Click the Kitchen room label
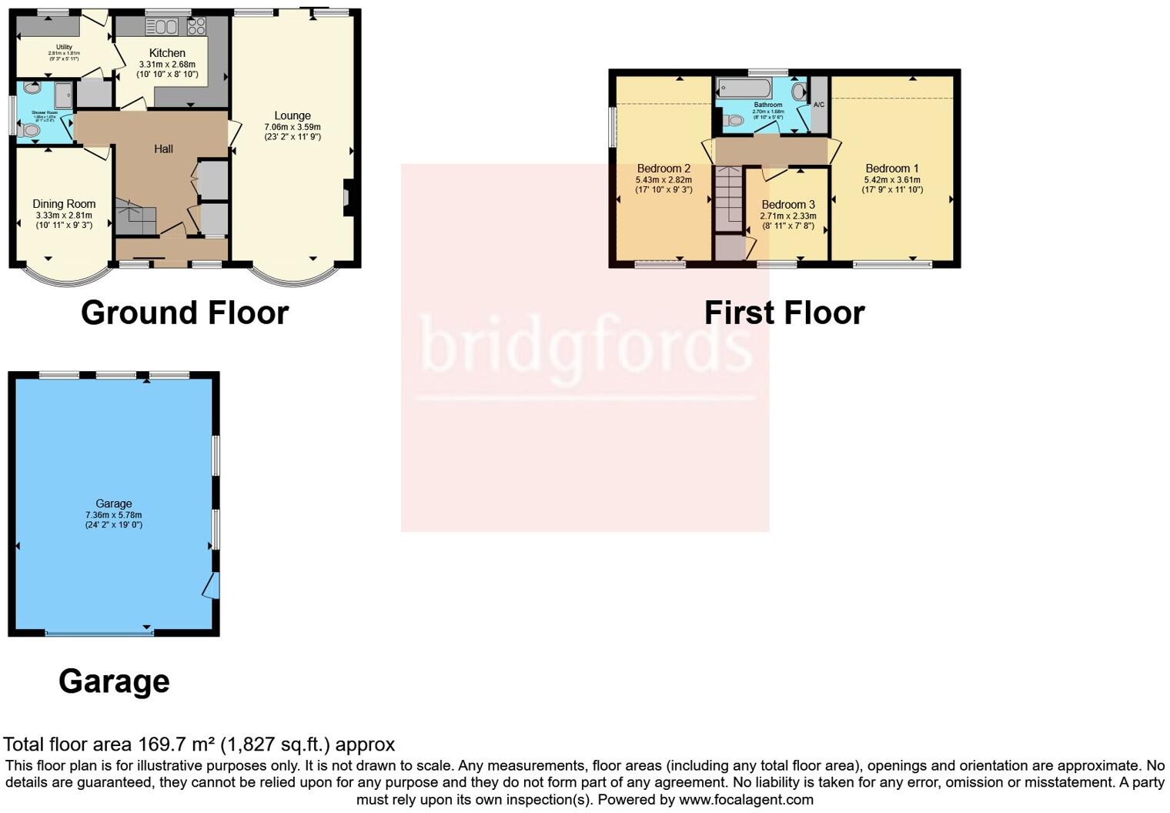coord(167,53)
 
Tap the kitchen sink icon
coord(162,27)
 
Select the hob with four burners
coord(196,26)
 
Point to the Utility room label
coord(64,47)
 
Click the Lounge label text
coord(292,115)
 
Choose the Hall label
coord(163,149)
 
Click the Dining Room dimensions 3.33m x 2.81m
coord(64,216)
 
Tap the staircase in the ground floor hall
coord(135,217)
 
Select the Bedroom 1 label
coord(892,169)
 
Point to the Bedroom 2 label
coord(664,169)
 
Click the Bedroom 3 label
coord(788,205)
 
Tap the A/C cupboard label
coord(819,105)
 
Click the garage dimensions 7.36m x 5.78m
coord(114,515)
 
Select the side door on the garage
coord(212,584)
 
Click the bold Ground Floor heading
coord(185,313)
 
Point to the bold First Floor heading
coord(784,313)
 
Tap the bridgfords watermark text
coord(585,345)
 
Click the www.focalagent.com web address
coord(746,799)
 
